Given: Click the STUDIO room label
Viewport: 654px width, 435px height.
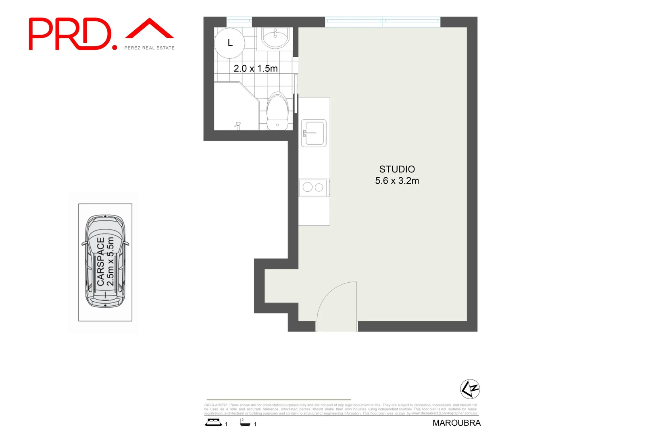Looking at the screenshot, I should click(397, 169).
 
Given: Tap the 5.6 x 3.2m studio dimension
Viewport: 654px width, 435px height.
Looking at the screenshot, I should click(397, 181).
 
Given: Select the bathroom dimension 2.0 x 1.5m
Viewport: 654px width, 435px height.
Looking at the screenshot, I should click(256, 68).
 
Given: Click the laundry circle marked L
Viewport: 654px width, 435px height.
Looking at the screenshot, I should click(230, 43).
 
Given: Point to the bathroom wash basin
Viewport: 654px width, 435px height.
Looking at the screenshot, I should click(275, 38).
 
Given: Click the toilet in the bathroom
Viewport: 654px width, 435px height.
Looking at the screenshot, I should click(277, 112).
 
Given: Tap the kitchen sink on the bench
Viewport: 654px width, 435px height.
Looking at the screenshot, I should click(314, 133).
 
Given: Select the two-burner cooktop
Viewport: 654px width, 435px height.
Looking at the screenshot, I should click(313, 187).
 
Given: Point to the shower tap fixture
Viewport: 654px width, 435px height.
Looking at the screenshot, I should click(237, 126).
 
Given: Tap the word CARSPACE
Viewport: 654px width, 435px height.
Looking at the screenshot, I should click(101, 261).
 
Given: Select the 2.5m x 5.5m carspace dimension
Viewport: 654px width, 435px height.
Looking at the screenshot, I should click(110, 261).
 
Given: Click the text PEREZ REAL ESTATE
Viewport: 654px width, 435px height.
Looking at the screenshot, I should click(149, 48).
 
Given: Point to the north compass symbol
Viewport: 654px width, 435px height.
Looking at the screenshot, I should click(470, 389).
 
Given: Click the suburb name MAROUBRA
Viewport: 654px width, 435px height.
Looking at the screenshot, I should click(456, 423).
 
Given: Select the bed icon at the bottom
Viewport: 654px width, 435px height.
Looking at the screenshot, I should click(213, 423).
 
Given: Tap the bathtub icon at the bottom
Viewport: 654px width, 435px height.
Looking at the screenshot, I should click(245, 423).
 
